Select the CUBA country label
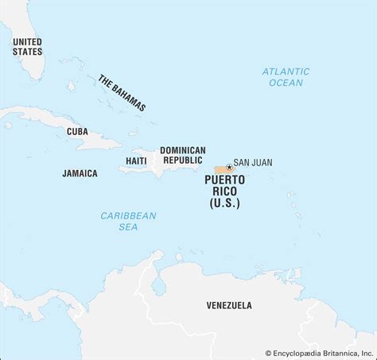[x=77, y=131]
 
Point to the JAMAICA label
[x=80, y=172]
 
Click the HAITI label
[x=135, y=161]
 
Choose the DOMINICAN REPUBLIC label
[x=182, y=155]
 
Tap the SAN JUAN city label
[x=253, y=162]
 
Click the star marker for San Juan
[x=229, y=167]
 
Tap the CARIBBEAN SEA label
[x=128, y=221]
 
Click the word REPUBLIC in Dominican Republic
[x=182, y=161]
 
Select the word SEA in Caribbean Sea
[x=128, y=227]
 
